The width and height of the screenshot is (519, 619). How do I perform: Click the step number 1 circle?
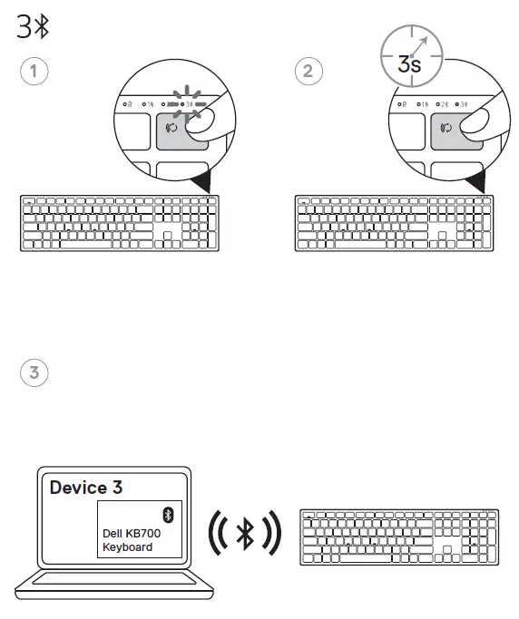(x=34, y=71)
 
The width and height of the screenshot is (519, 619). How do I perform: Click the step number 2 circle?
(x=309, y=71)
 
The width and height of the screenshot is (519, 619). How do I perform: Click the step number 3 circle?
(x=34, y=372)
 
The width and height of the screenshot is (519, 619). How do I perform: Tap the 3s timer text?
(x=409, y=64)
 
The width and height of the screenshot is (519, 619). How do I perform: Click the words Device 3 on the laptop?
(x=86, y=488)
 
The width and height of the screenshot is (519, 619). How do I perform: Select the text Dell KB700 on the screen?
(x=128, y=535)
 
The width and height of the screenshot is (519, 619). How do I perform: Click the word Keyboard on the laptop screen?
(x=127, y=547)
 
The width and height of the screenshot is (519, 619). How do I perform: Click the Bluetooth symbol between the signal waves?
(x=244, y=535)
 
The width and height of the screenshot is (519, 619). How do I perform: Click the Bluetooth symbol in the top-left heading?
(x=41, y=27)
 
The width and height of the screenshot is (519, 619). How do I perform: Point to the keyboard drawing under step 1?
(x=119, y=222)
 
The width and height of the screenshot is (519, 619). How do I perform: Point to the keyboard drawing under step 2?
(x=395, y=222)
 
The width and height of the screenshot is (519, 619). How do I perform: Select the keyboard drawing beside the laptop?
(x=398, y=537)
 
